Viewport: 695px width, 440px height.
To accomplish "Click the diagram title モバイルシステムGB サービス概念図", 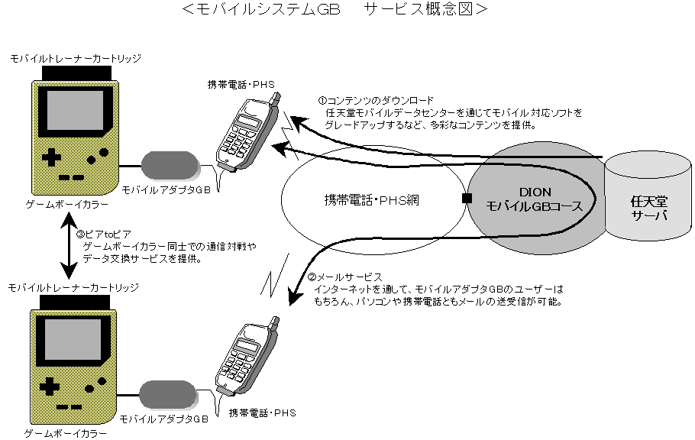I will click(x=335, y=10).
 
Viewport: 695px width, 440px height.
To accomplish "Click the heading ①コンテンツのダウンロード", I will click(x=376, y=100).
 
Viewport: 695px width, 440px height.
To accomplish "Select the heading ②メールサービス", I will click(x=344, y=277).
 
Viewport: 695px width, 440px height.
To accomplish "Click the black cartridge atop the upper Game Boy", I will click(x=76, y=73).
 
